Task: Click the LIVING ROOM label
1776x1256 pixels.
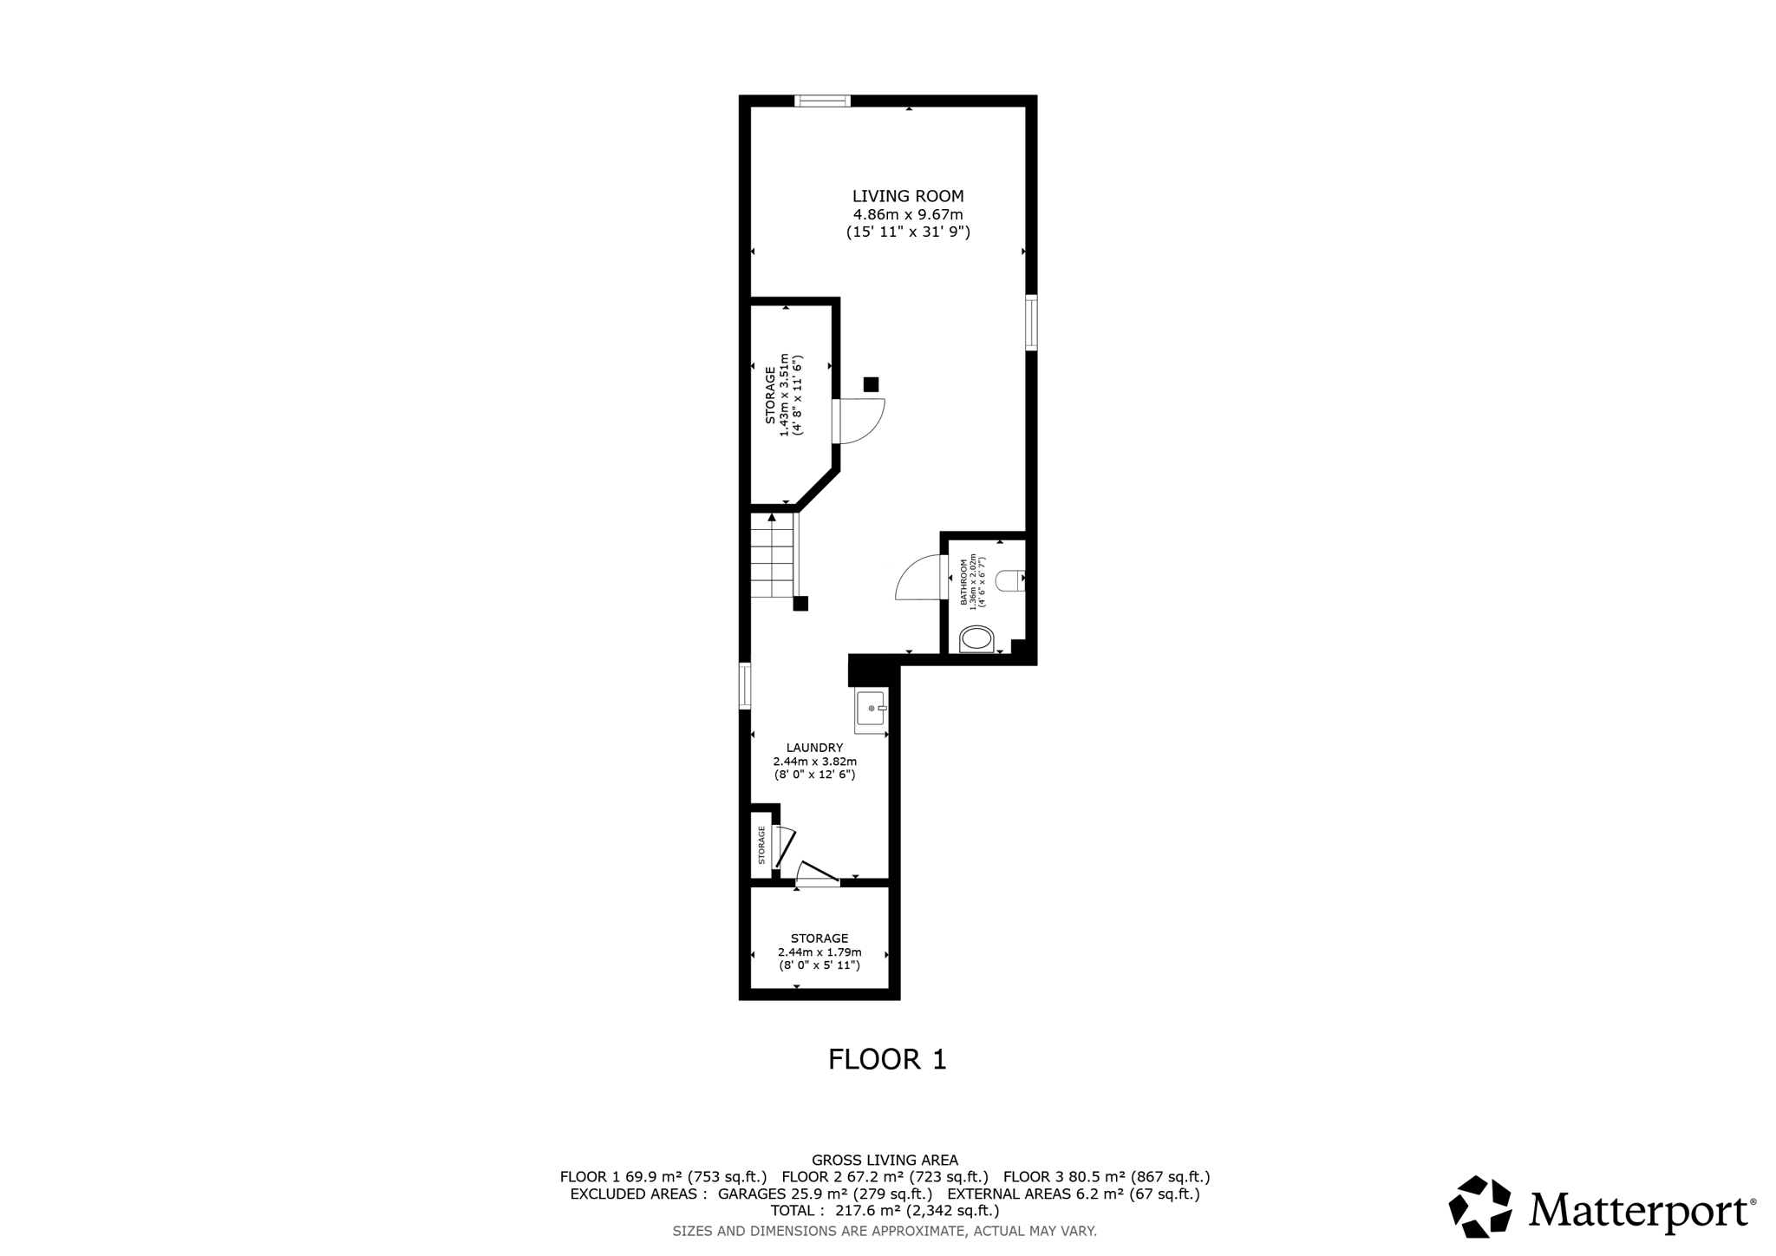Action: coord(907,197)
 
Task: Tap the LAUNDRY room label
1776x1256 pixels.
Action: coord(814,748)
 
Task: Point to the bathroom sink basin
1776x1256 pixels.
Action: coord(977,641)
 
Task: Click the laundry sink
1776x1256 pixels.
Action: coord(870,709)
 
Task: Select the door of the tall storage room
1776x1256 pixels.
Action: coord(859,422)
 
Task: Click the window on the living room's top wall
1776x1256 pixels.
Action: coord(822,101)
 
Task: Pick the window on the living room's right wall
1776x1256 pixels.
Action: coord(1031,323)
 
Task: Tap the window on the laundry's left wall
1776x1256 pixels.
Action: coord(745,686)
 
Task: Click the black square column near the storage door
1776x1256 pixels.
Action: coord(871,384)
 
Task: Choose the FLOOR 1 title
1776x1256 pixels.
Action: coord(887,1060)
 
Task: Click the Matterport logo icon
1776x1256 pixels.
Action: coord(1479,1206)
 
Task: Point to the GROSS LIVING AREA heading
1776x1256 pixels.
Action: coord(885,1160)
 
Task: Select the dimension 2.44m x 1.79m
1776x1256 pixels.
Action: coord(819,952)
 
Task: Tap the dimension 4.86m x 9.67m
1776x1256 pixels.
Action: coord(908,215)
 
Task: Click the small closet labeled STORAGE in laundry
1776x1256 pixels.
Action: coord(761,845)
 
